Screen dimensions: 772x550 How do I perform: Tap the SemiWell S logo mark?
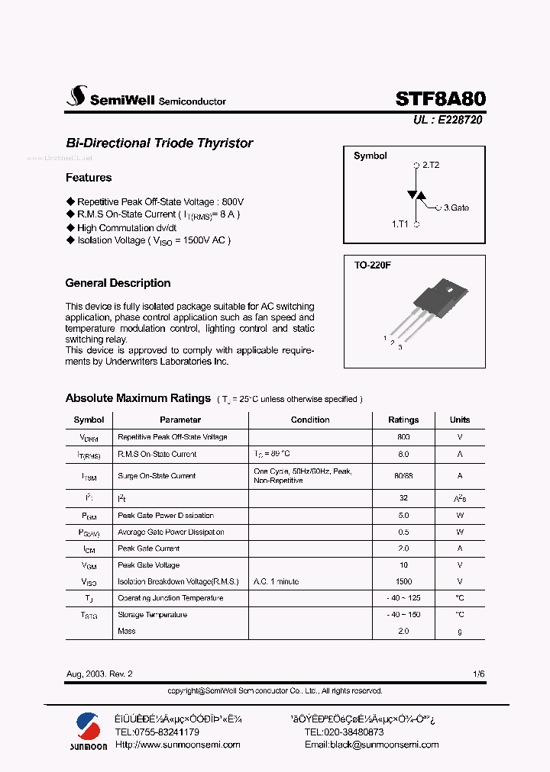point(76,96)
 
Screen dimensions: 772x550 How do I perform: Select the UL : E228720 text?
point(448,120)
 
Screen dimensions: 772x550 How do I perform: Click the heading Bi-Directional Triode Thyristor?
point(159,143)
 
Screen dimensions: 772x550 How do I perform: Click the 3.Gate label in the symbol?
point(456,207)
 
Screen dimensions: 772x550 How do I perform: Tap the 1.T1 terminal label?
point(400,224)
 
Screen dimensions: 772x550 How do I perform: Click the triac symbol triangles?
point(416,195)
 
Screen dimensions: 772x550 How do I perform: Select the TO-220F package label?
point(372,266)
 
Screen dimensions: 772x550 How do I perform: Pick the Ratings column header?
point(403,420)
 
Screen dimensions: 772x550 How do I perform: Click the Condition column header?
point(310,420)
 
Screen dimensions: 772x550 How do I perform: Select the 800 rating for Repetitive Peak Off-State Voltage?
point(403,437)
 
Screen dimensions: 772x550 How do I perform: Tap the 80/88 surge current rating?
point(403,475)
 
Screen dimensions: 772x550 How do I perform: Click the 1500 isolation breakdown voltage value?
point(403,581)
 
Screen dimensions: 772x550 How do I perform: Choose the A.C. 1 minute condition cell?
point(276,581)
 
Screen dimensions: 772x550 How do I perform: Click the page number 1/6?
point(478,674)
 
